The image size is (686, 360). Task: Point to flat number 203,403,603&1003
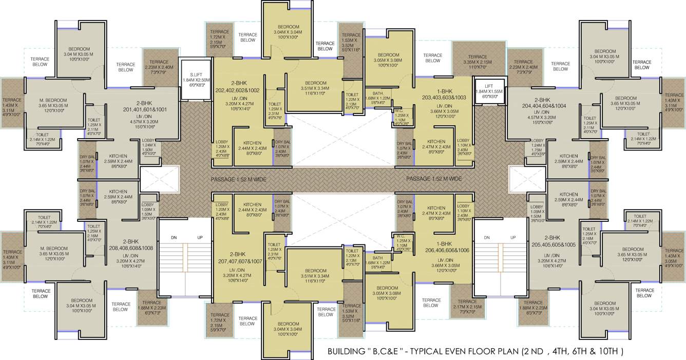pyautogui.click(x=444, y=97)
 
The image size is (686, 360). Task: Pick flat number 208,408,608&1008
pyautogui.click(x=131, y=248)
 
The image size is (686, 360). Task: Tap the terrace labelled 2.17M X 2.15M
pyautogui.click(x=467, y=305)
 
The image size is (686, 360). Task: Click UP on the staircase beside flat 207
pyautogui.click(x=200, y=238)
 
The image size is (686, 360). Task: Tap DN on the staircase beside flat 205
pyautogui.click(x=486, y=238)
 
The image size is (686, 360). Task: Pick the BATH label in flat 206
pyautogui.click(x=377, y=258)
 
